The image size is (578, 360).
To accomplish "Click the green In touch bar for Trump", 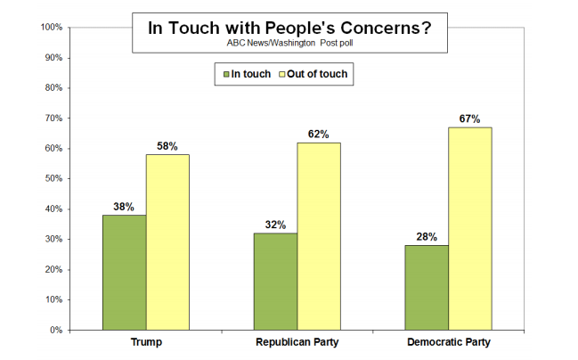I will click(124, 272).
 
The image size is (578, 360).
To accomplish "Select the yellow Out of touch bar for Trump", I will click(167, 241).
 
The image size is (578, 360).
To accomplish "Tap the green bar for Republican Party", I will click(275, 281).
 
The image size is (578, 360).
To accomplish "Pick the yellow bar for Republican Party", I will click(319, 235).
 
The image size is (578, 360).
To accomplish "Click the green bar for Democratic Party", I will click(427, 287).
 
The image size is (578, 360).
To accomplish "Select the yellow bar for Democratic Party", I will click(470, 228).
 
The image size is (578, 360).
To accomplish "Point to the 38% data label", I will click(124, 207).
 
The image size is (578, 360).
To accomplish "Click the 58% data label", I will click(167, 146).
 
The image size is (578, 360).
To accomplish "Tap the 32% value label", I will click(275, 225).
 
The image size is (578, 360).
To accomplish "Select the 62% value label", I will click(319, 135).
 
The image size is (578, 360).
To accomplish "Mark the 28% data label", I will click(427, 237).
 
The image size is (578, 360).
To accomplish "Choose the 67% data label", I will click(470, 119).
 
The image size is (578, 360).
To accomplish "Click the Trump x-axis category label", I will click(145, 343).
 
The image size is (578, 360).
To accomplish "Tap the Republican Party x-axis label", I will click(297, 343).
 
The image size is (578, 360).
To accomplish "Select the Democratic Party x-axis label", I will click(448, 343).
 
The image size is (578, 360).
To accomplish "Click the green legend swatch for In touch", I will click(225, 75).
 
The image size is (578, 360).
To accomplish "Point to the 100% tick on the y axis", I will click(49, 28).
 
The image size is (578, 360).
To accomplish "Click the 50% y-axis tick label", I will click(51, 179).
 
